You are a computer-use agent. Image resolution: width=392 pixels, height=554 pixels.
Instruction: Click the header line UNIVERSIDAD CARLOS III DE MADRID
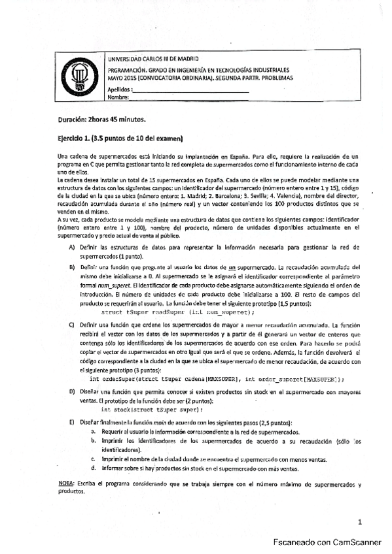click(x=154, y=59)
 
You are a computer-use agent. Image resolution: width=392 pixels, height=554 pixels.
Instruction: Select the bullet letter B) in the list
click(x=72, y=267)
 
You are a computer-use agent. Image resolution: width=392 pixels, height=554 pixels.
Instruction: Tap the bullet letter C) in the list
click(x=72, y=324)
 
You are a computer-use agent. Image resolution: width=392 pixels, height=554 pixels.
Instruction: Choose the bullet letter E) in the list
click(x=72, y=423)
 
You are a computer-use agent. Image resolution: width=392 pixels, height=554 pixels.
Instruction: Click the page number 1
click(x=360, y=522)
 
